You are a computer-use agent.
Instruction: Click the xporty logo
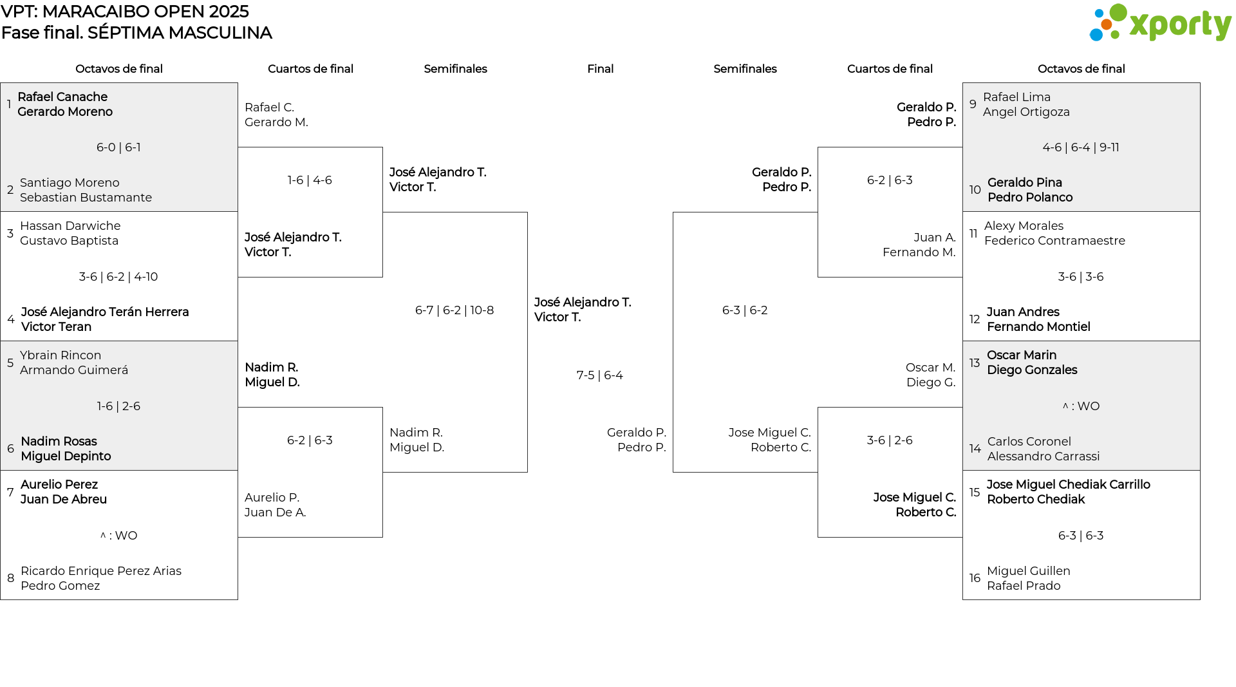(1160, 23)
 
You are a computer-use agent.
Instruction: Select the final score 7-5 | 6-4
(600, 375)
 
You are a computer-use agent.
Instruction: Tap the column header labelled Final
(600, 69)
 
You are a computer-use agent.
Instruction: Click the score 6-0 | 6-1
(118, 147)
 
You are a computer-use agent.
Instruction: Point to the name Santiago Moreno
(70, 183)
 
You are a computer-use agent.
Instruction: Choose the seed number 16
(975, 578)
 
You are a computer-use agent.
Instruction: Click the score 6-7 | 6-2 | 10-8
(454, 310)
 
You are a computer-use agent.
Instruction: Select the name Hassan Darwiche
(70, 226)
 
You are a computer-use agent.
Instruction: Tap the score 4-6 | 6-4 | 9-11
(1081, 147)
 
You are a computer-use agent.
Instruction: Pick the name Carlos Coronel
(1029, 442)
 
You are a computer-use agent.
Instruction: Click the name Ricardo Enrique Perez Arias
(101, 571)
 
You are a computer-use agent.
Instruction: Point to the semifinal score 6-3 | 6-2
(745, 310)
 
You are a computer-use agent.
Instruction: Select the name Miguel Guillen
(1029, 571)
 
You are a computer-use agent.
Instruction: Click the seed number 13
(975, 363)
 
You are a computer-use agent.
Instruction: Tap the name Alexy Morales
(1024, 226)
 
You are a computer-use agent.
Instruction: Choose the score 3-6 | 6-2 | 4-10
(118, 277)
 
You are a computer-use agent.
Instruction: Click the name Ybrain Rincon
(61, 355)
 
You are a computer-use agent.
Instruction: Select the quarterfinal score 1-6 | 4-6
(310, 180)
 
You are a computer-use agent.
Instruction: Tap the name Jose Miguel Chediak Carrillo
(1069, 485)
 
